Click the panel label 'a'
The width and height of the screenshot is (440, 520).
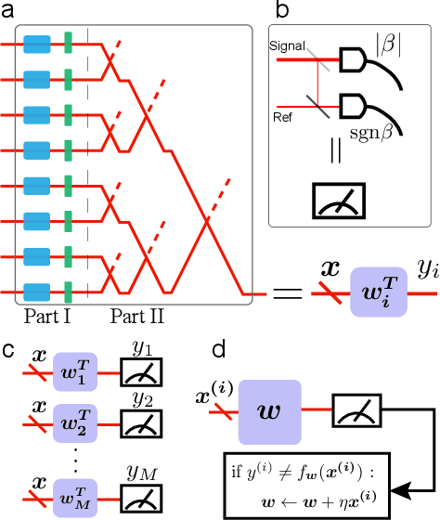[x=8, y=9]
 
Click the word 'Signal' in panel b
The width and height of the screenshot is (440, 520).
[x=286, y=43]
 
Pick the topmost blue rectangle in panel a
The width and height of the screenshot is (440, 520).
[x=37, y=43]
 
